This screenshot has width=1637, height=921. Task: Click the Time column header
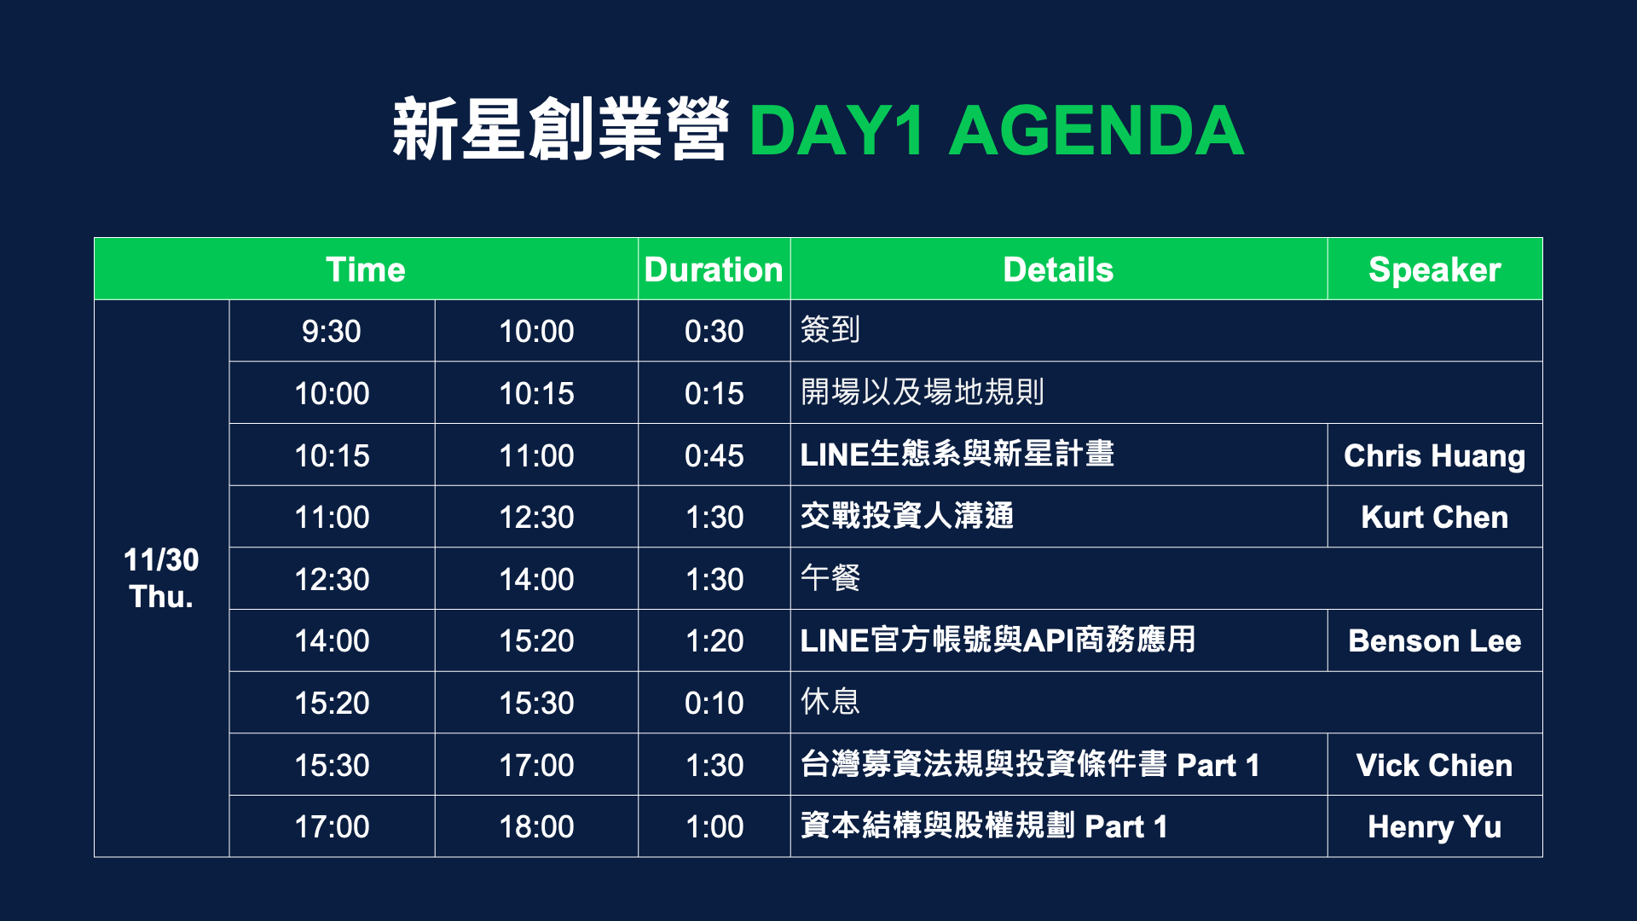366,269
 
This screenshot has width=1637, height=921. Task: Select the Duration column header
714,269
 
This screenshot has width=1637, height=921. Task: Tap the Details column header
1058,269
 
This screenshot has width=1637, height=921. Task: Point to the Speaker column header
1435,269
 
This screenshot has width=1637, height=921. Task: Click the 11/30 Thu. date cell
161,578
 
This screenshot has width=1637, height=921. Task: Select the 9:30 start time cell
332,331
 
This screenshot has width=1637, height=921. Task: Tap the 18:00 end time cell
536,826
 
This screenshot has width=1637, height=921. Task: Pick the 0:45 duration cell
714,455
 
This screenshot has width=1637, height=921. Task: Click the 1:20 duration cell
714,640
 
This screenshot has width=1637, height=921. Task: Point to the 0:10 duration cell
714,703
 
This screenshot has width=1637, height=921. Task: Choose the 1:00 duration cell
714,826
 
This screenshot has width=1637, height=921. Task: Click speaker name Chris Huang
1435,455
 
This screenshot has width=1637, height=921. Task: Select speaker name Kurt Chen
1435,517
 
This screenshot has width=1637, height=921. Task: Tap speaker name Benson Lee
1435,640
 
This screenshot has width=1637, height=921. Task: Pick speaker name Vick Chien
1435,765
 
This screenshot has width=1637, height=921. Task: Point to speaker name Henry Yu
1435,826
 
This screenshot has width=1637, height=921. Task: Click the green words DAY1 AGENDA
996,130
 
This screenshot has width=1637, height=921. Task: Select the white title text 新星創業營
560,130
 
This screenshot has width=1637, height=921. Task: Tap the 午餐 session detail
830,578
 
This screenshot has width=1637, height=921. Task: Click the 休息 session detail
830,702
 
